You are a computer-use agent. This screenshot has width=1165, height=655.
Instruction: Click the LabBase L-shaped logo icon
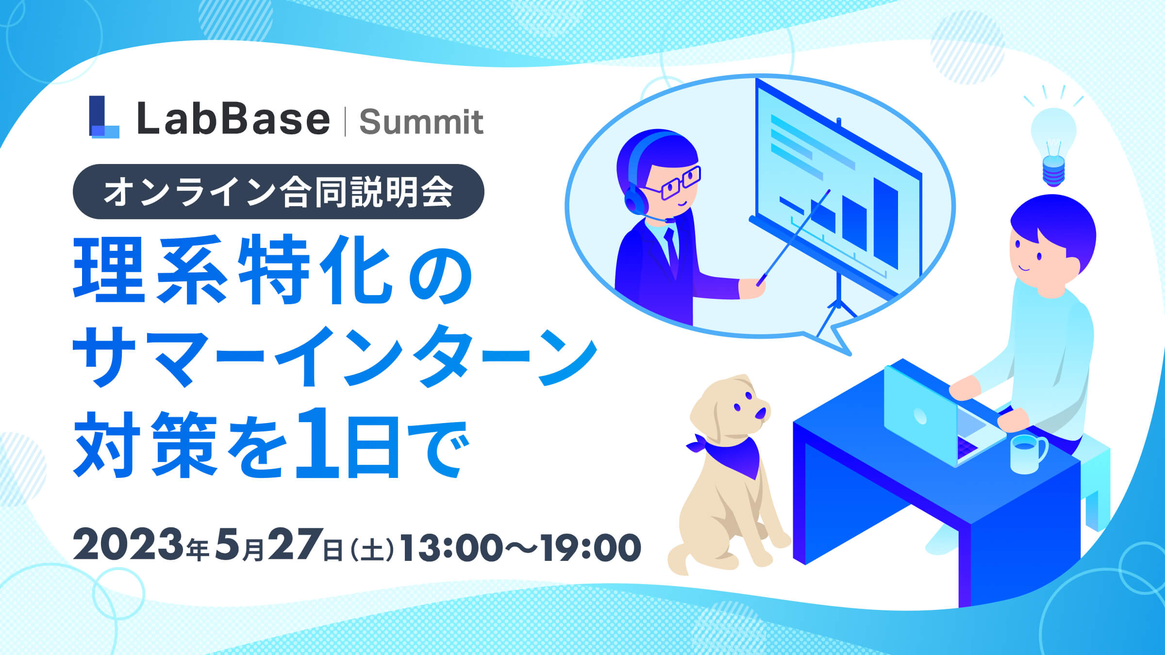(x=103, y=117)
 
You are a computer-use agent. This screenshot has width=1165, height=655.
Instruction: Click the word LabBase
(x=233, y=119)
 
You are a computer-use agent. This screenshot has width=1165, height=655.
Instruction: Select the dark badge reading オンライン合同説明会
(x=278, y=192)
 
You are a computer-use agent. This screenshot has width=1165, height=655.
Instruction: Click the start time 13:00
(x=451, y=547)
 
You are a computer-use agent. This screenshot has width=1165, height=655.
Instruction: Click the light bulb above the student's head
(x=1053, y=146)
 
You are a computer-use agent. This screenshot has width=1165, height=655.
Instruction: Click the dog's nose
(x=760, y=413)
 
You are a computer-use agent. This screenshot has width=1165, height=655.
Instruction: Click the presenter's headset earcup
(x=633, y=201)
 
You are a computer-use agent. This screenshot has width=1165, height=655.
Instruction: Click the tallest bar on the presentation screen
(x=885, y=223)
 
